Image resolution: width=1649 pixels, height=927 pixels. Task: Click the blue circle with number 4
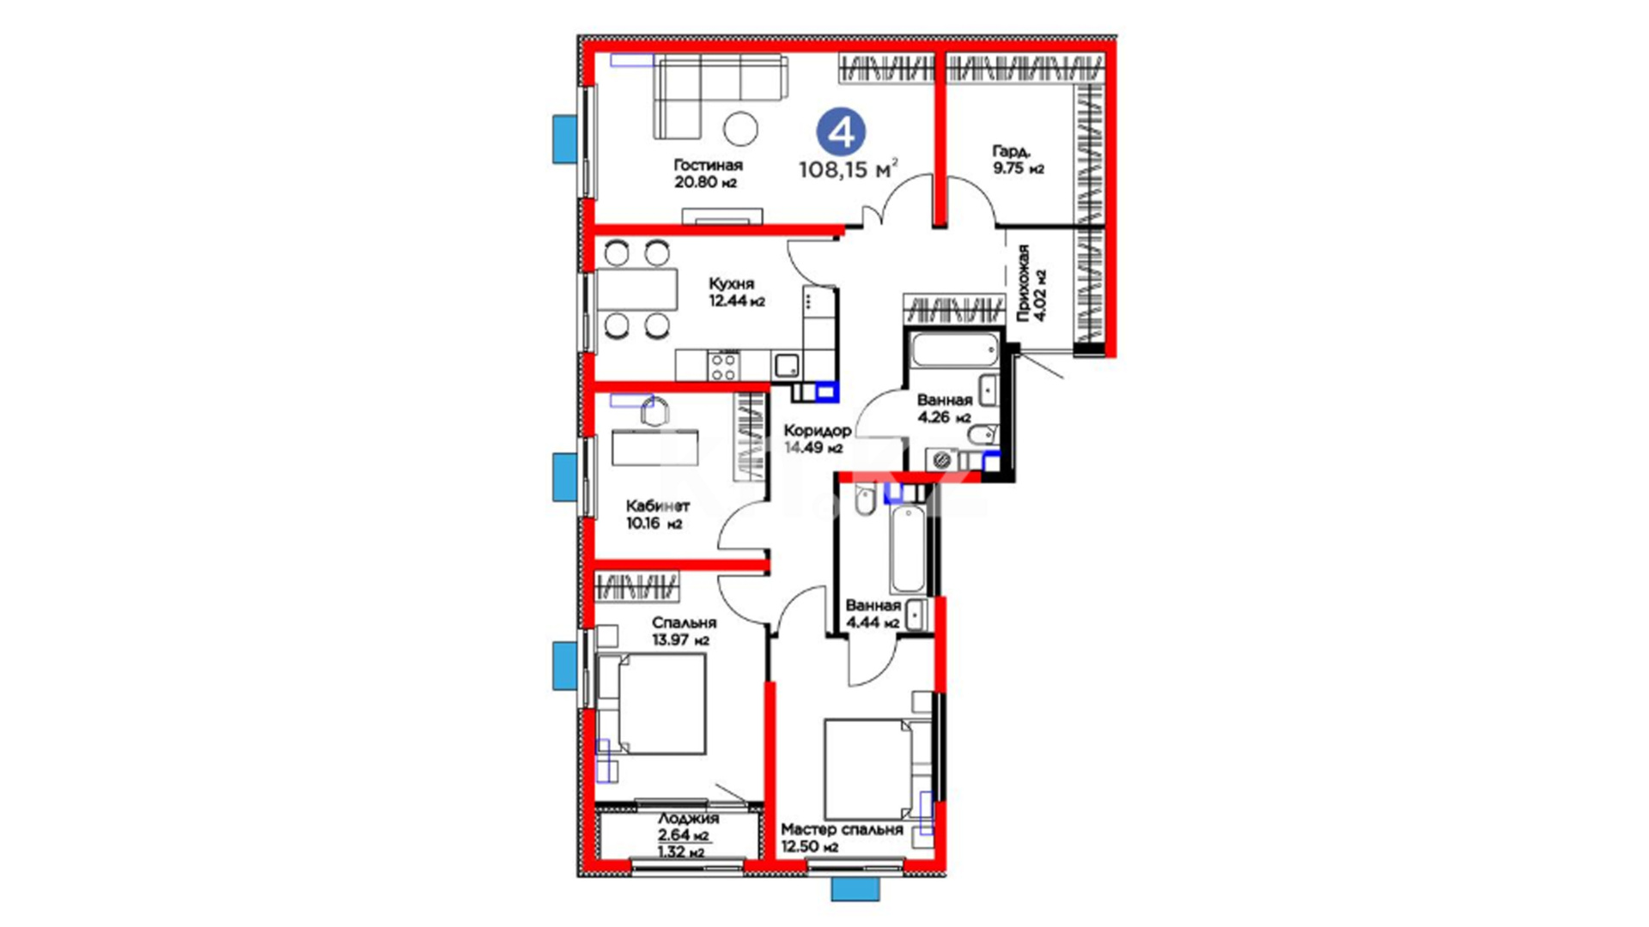click(x=841, y=132)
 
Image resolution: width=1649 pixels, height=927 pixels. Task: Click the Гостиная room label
click(x=708, y=165)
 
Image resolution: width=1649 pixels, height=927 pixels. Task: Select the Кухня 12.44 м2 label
click(x=736, y=292)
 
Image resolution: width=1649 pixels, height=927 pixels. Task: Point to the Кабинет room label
click(x=657, y=506)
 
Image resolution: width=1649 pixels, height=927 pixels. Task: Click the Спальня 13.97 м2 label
click(x=684, y=631)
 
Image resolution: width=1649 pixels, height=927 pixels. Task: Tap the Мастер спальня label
click(x=842, y=830)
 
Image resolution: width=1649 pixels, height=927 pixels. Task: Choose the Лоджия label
click(x=688, y=819)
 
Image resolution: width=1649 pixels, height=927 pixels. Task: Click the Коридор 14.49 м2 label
click(x=817, y=439)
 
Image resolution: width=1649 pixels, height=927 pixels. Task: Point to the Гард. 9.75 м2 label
click(x=1019, y=160)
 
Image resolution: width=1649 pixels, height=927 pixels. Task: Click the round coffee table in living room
click(x=740, y=129)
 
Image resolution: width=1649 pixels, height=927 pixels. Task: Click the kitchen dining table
click(x=636, y=290)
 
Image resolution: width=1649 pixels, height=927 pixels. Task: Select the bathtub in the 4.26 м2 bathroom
click(x=954, y=350)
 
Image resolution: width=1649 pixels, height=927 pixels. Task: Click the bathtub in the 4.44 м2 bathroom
click(x=907, y=550)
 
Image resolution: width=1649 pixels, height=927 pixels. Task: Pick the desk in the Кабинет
click(x=654, y=447)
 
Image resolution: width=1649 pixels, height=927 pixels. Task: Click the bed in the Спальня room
click(x=651, y=704)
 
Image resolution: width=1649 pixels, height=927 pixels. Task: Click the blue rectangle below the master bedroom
click(x=855, y=889)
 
